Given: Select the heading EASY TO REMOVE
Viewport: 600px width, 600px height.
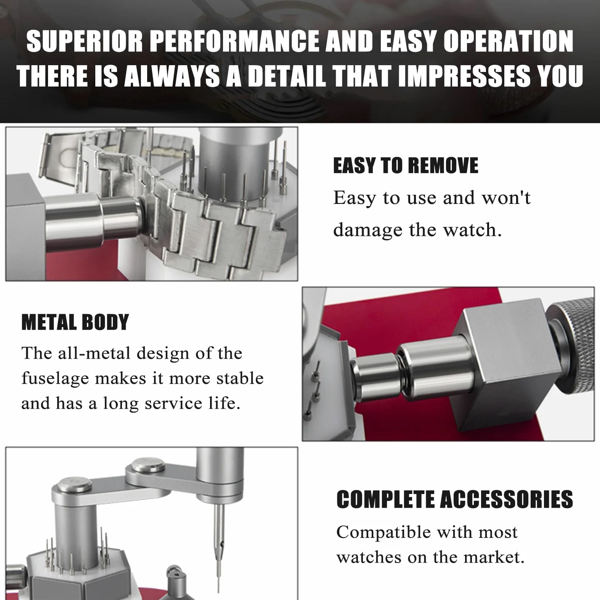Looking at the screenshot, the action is (x=406, y=165).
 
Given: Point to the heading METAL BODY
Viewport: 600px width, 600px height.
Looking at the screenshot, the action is (x=75, y=322).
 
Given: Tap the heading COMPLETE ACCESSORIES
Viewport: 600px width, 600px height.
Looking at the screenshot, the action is (x=454, y=499).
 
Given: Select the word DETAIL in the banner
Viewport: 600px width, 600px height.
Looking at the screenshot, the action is (x=287, y=75).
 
